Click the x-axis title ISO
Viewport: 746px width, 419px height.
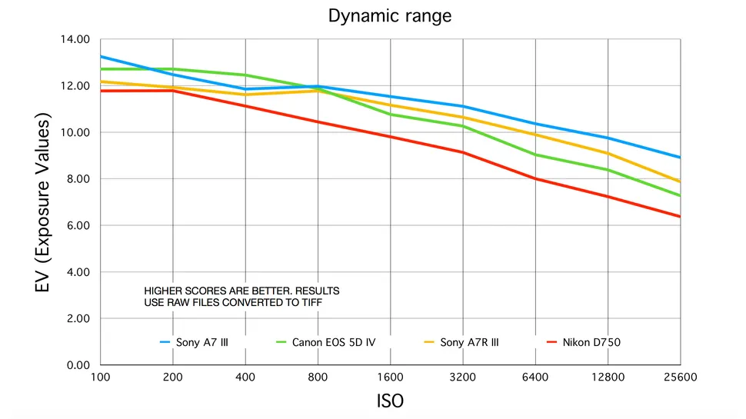tap(390, 401)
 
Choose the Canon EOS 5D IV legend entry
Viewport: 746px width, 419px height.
tap(326, 342)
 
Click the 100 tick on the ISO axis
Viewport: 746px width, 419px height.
tap(100, 377)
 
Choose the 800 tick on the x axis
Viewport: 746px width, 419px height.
tap(318, 377)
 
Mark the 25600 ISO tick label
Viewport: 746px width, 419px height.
tap(679, 377)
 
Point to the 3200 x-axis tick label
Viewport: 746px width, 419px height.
tap(463, 377)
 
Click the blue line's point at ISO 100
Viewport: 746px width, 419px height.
tap(101, 56)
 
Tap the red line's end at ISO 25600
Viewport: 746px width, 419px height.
tap(679, 216)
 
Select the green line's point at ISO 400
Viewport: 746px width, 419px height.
tap(245, 75)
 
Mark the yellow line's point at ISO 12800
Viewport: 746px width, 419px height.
tap(608, 153)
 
